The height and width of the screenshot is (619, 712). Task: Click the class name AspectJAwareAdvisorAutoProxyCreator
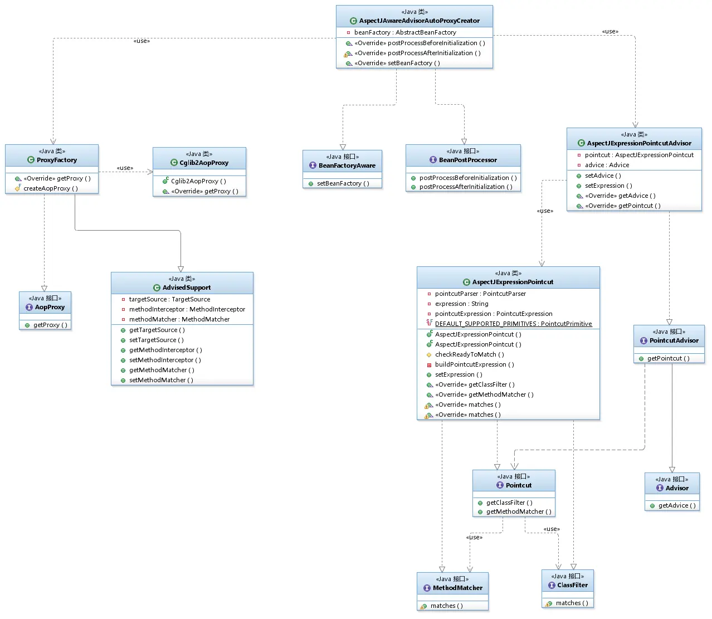[x=419, y=21]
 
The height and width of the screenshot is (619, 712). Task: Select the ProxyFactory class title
[x=57, y=160]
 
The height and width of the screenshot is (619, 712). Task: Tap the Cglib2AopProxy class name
[x=204, y=163]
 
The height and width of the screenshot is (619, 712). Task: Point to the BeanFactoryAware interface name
[x=347, y=165]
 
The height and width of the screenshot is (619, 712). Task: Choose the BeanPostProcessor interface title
[x=468, y=160]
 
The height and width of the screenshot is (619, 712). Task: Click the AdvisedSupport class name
[x=187, y=287]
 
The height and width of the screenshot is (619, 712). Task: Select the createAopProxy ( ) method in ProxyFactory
[x=51, y=188]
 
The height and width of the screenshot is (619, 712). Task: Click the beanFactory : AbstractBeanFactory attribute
[x=405, y=32]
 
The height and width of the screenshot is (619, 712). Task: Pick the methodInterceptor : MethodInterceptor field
[x=187, y=309]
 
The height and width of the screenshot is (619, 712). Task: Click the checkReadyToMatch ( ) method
[x=470, y=354]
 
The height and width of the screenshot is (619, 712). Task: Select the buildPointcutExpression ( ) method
[x=474, y=364]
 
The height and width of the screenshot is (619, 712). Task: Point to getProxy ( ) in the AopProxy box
[x=50, y=325]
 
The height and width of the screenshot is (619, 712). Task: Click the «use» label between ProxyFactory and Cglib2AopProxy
[x=125, y=168]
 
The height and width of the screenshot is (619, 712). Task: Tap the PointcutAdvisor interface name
[x=674, y=340]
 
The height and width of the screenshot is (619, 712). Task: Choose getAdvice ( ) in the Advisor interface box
[x=677, y=505]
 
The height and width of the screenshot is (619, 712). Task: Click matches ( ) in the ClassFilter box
[x=572, y=603]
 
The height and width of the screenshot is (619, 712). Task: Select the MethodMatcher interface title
[x=457, y=588]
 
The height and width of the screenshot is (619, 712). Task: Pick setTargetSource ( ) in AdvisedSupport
[x=156, y=340]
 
